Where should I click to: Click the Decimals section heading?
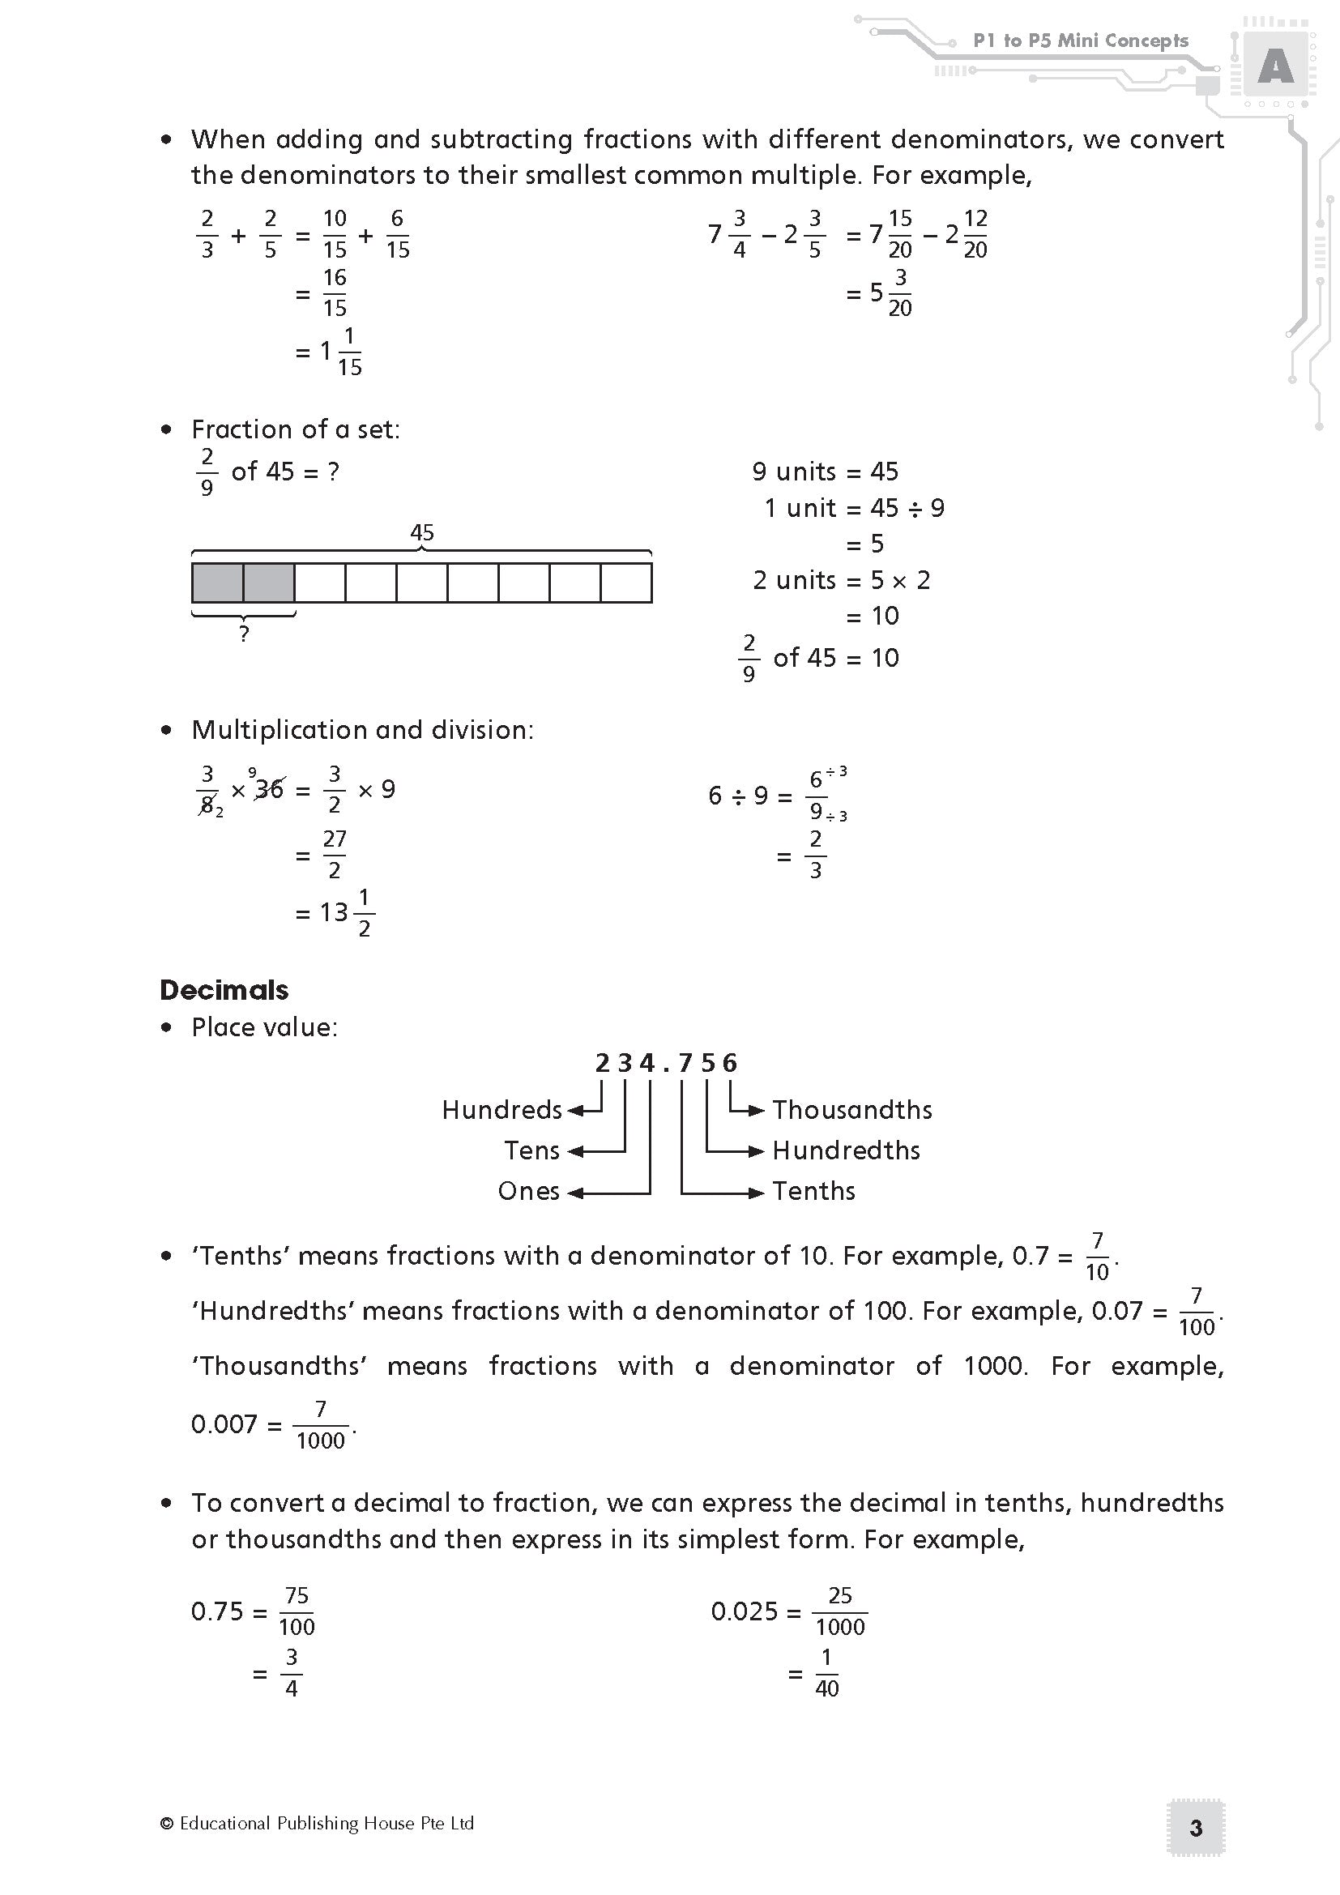tap(224, 989)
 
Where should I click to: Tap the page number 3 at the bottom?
tap(1196, 1828)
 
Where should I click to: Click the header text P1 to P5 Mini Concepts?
tap(1080, 41)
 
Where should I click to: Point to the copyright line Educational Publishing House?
tap(318, 1823)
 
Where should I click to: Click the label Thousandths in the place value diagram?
tap(851, 1109)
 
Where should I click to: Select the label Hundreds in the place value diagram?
tap(501, 1109)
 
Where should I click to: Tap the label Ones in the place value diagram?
tap(529, 1191)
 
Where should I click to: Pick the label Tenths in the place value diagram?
tap(813, 1191)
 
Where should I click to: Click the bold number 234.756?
tap(666, 1063)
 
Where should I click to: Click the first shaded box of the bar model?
tap(218, 583)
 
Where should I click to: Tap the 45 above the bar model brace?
tap(421, 532)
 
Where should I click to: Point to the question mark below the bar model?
tap(243, 634)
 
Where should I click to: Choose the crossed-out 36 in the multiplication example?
tap(269, 790)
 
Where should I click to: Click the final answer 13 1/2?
tap(348, 913)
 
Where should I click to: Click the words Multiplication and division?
tap(362, 730)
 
